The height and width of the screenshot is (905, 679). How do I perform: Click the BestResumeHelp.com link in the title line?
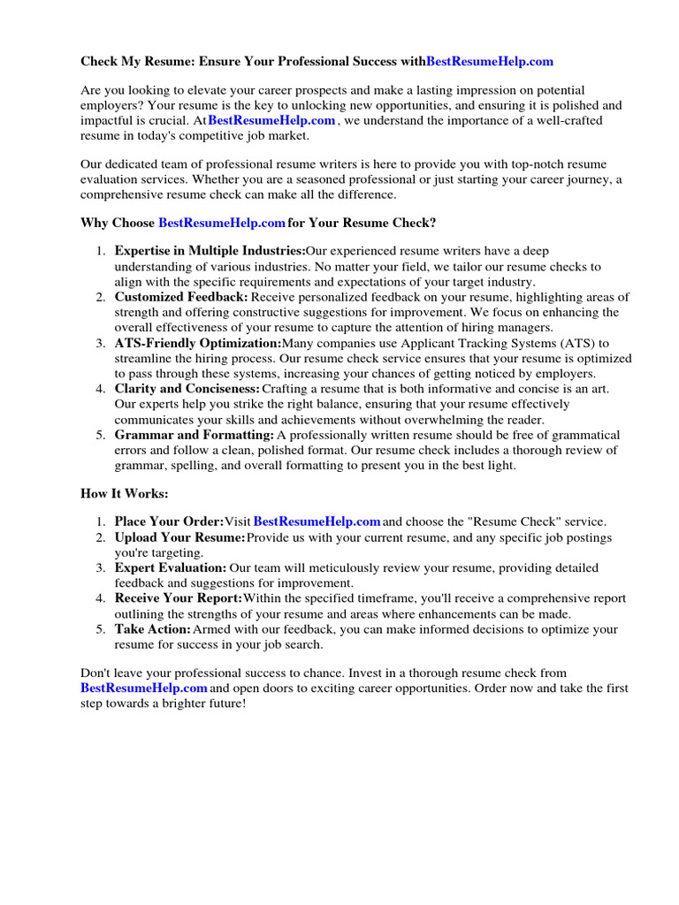(x=490, y=61)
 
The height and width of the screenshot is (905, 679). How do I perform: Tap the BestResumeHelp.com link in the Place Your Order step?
(x=317, y=521)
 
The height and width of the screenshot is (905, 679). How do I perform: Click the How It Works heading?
(x=124, y=493)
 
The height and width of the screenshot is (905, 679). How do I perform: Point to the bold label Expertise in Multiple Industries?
(x=210, y=252)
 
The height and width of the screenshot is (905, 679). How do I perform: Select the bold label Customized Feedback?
(x=181, y=297)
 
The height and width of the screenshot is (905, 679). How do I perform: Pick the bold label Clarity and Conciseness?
(x=187, y=389)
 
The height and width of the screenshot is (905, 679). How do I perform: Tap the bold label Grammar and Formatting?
(x=195, y=435)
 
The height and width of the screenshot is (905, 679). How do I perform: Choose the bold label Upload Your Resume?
(x=180, y=537)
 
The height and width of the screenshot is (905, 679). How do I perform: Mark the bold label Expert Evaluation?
(x=171, y=567)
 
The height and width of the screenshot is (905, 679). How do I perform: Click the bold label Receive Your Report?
(x=179, y=598)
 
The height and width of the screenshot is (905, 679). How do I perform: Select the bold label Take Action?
(x=153, y=629)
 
